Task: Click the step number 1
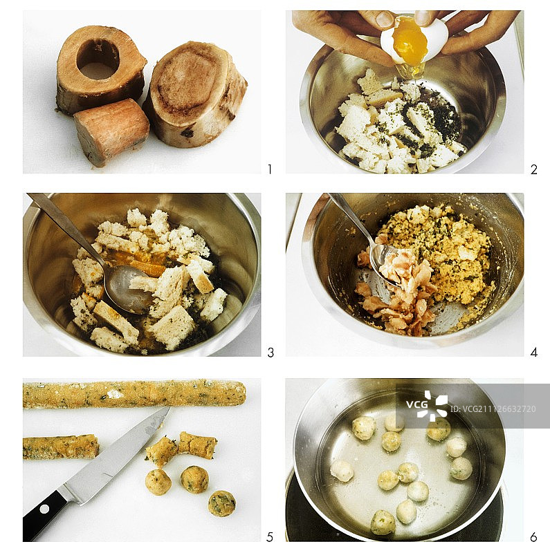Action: [270, 169]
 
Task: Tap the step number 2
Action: [534, 169]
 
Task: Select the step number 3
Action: [271, 353]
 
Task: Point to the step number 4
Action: [534, 353]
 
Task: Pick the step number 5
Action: [270, 537]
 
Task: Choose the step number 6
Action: [534, 537]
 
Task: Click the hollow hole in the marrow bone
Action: [98, 59]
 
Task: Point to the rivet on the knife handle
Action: [44, 509]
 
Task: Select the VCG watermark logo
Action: [427, 406]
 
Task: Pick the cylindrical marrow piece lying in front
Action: [111, 131]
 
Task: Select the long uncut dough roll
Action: [134, 394]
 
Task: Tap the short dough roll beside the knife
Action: [61, 447]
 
